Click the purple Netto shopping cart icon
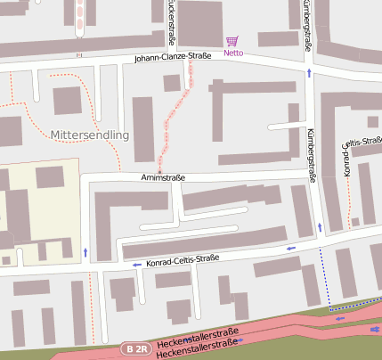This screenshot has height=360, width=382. tap(232, 41)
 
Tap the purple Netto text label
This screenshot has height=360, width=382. tap(233, 53)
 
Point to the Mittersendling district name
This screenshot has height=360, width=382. tap(91, 135)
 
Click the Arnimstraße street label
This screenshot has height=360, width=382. tap(163, 177)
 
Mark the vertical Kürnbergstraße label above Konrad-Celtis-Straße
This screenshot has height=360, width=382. tap(312, 154)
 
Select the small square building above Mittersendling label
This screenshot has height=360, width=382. tap(67, 101)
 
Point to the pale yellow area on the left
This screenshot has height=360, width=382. tap(39, 213)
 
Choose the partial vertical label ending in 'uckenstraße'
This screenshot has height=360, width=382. tap(171, 21)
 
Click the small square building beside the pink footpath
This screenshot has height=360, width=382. tap(172, 83)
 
